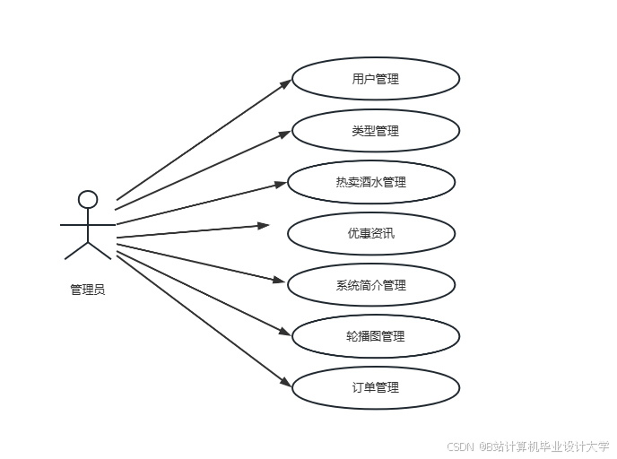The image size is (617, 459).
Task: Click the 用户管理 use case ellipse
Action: coord(376,79)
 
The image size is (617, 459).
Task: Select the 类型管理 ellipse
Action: coord(376,131)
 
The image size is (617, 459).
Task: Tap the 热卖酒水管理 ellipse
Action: coord(370,182)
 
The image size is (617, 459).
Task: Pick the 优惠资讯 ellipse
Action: coord(370,234)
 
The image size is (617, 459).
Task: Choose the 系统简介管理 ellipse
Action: coord(370,285)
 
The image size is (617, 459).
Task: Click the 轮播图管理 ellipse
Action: coord(376,336)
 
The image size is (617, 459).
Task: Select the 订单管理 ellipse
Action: coord(376,387)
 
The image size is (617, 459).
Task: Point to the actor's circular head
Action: coord(87,199)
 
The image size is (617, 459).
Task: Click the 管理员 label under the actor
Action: coord(87,290)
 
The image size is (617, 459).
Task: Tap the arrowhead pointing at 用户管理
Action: coord(285,82)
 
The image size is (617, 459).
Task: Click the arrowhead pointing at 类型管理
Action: coord(285,134)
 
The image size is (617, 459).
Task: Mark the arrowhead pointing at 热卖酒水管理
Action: coord(280,185)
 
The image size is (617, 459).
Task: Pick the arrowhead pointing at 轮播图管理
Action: coord(284,333)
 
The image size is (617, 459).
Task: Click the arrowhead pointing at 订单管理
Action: coord(285,384)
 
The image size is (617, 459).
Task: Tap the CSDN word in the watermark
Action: coord(460,446)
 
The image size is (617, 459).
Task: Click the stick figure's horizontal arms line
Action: coord(87,223)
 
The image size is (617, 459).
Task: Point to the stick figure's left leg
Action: coord(76,250)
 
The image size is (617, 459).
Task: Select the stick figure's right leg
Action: coord(99,250)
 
